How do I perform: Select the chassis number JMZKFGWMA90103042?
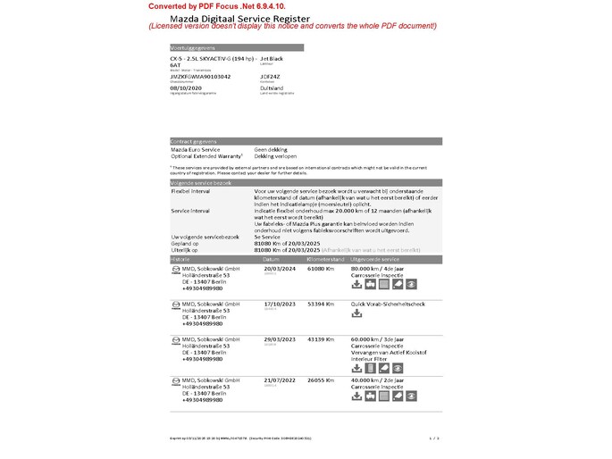[x=200, y=77]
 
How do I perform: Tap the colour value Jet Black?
[x=272, y=57]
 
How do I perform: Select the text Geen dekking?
[x=272, y=149]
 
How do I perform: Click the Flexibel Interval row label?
[x=191, y=190]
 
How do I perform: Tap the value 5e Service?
[x=269, y=236]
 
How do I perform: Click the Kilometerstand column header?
[x=326, y=258]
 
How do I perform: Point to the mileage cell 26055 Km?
[x=320, y=380]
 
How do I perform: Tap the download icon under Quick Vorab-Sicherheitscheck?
[x=357, y=313]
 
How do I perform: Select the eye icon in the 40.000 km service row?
[x=411, y=396]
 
